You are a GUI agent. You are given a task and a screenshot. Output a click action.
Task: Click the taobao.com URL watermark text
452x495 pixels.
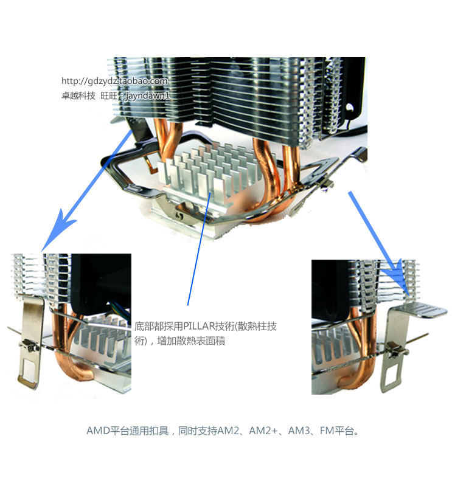coord(114,81)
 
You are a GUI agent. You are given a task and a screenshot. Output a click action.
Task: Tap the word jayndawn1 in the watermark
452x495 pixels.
coord(147,95)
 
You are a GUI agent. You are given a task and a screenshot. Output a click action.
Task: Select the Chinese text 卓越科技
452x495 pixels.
coord(78,95)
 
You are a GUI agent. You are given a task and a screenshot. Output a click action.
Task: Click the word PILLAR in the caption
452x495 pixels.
coord(199,326)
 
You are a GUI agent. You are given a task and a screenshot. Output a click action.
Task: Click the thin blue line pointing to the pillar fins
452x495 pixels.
coord(199,249)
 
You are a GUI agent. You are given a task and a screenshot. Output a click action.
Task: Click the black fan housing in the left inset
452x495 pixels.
coord(100,284)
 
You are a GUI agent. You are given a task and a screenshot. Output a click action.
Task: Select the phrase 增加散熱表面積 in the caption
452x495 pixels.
coord(191,341)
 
